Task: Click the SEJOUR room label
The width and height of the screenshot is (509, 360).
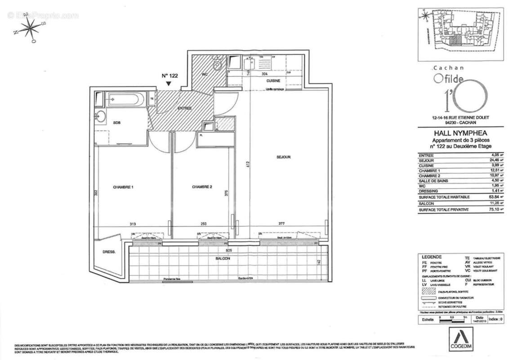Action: coord(284,157)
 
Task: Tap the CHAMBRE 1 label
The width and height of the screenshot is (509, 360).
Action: coord(123,187)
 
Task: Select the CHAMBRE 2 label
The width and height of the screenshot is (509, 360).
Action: coord(201,187)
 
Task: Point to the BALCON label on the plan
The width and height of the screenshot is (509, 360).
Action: coord(223,258)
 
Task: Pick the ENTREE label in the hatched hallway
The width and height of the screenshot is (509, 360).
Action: coord(184,108)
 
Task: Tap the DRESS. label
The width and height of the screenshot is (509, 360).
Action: coord(109,252)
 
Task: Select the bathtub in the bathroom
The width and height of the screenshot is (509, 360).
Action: coord(125,99)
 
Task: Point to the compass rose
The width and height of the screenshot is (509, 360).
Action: coord(30,28)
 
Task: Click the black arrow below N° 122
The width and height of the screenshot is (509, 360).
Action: coord(168,83)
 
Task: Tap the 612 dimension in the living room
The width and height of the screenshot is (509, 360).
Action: coord(247,164)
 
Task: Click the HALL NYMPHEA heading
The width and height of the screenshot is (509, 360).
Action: coord(455,133)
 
